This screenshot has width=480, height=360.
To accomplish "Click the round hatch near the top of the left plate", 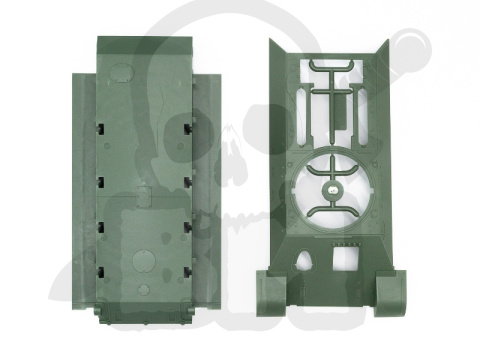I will [x=119, y=73].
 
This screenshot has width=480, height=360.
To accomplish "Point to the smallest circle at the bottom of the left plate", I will [x=144, y=290].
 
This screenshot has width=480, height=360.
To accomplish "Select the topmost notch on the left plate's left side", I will [x=102, y=128].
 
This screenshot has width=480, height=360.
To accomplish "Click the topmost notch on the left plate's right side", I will [x=187, y=128].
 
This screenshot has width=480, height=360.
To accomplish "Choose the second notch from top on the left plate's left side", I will [x=102, y=180].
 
